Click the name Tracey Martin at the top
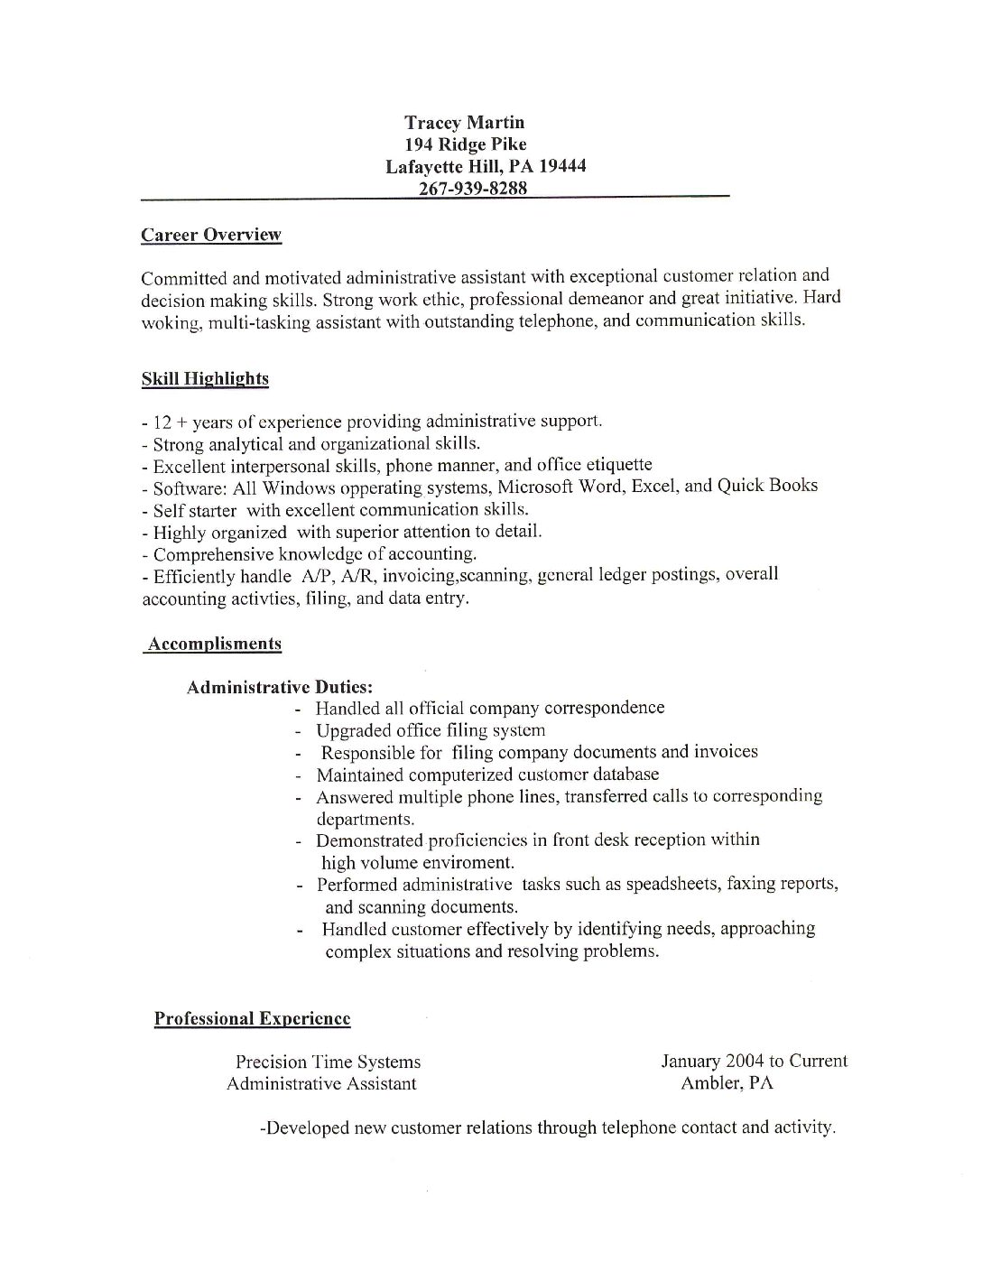tap(464, 123)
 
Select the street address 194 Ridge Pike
tap(466, 144)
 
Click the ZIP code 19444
tap(562, 166)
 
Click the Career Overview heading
tap(211, 236)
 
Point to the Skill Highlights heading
tap(205, 379)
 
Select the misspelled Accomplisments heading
tap(214, 644)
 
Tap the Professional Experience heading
tap(252, 1019)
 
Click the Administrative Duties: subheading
tap(280, 688)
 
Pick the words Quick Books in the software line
tap(767, 486)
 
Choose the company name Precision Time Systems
tap(328, 1062)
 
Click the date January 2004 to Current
tap(754, 1062)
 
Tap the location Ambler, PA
tap(727, 1083)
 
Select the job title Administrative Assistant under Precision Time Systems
tap(321, 1084)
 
